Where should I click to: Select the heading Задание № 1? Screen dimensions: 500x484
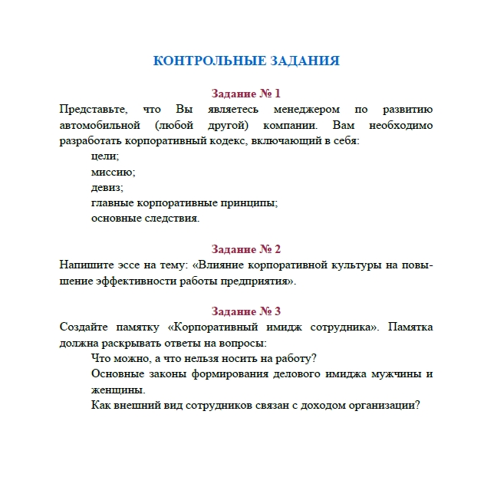(246, 94)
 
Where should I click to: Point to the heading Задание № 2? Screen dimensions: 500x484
(246, 249)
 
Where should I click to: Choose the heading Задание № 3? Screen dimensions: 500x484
(246, 311)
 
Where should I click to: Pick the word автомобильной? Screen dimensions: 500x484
(99, 125)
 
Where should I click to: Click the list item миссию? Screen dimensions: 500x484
(113, 172)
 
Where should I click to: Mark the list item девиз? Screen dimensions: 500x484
(107, 187)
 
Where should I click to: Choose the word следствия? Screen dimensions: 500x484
(170, 219)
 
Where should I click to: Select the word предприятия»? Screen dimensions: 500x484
(258, 281)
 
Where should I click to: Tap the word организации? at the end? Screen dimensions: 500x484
(386, 406)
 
